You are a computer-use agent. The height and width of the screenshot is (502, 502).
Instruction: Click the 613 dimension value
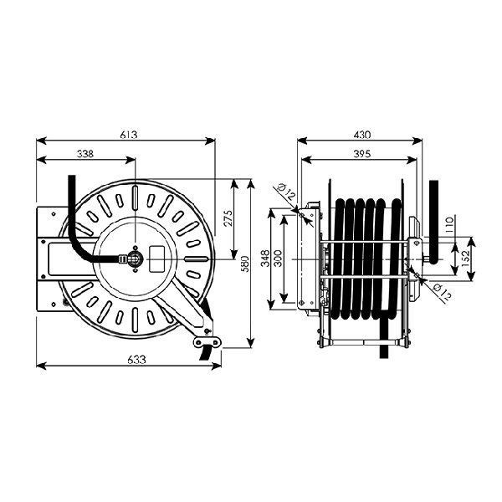coord(129,135)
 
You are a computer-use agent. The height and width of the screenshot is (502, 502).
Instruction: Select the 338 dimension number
coord(85,154)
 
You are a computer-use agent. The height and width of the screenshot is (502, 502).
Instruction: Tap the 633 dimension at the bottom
coord(136,360)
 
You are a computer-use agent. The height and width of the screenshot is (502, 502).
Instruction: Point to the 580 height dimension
coord(244,264)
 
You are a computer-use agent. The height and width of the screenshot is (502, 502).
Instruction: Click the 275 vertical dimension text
coord(228,218)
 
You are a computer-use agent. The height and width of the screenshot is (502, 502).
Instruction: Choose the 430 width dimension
coord(362,135)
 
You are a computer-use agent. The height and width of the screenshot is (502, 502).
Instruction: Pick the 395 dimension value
coord(362,154)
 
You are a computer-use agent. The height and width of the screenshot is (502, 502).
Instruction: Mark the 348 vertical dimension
coord(264,259)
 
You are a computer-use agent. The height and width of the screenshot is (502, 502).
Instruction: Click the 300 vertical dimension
coord(279,259)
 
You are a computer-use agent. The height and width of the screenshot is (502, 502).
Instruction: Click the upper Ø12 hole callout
coord(285,192)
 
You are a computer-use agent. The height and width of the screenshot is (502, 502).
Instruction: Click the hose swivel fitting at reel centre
coord(134,259)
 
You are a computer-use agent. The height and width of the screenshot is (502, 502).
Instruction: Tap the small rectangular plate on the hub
coord(157,259)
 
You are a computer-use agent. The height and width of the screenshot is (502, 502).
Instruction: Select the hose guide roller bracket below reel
coord(207,341)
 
